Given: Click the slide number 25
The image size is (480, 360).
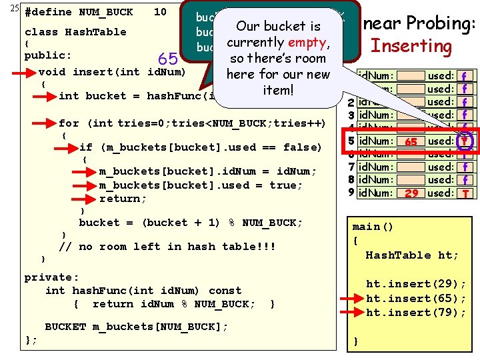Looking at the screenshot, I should [8, 9].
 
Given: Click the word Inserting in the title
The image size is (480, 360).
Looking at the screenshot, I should [411, 46].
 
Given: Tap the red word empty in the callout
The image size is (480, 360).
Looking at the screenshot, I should [306, 43].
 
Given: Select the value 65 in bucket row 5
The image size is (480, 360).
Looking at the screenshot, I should [411, 142].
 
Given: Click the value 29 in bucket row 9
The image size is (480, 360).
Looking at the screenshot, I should [411, 193].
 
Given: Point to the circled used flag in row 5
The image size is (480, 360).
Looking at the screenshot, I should [463, 141].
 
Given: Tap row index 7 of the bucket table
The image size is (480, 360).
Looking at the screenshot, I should [351, 167].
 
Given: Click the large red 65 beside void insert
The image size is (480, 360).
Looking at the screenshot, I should [167, 59].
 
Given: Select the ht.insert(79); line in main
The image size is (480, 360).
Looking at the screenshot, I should [416, 312].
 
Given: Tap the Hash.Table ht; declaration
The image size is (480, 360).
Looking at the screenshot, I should [412, 255].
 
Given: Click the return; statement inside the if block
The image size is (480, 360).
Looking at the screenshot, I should [123, 199].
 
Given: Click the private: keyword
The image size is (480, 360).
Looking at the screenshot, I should [51, 277].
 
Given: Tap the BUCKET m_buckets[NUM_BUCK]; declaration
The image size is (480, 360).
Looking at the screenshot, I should [136, 326].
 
